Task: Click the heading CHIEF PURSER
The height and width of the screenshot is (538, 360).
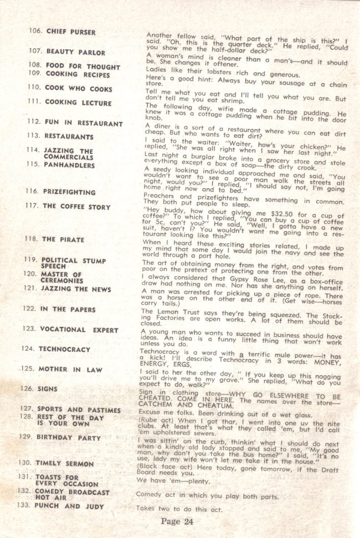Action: (70, 32)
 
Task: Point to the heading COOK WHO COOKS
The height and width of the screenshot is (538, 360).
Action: (79, 89)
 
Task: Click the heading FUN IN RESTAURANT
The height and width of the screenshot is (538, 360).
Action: (83, 123)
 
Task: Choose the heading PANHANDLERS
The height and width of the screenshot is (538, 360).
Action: (69, 165)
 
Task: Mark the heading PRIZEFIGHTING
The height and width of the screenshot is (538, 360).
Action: (69, 192)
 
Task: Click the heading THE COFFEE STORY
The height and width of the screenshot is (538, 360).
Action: (76, 207)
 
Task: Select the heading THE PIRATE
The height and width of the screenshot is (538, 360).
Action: (63, 239)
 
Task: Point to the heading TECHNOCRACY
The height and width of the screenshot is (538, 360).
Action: (64, 350)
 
